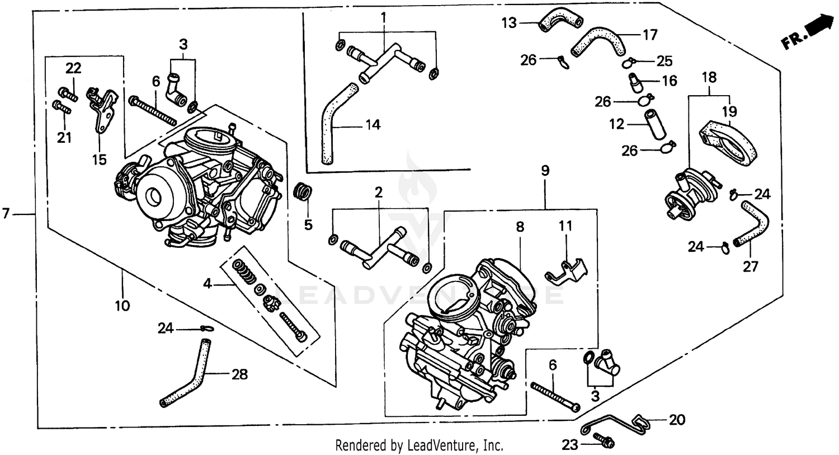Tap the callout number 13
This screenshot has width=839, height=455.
click(x=509, y=23)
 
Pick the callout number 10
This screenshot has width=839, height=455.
click(x=122, y=306)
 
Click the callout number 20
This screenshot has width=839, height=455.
click(x=677, y=420)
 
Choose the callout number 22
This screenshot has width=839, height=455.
click(x=73, y=68)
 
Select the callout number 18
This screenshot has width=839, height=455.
click(x=709, y=77)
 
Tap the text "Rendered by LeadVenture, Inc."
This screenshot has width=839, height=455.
click(x=419, y=445)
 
